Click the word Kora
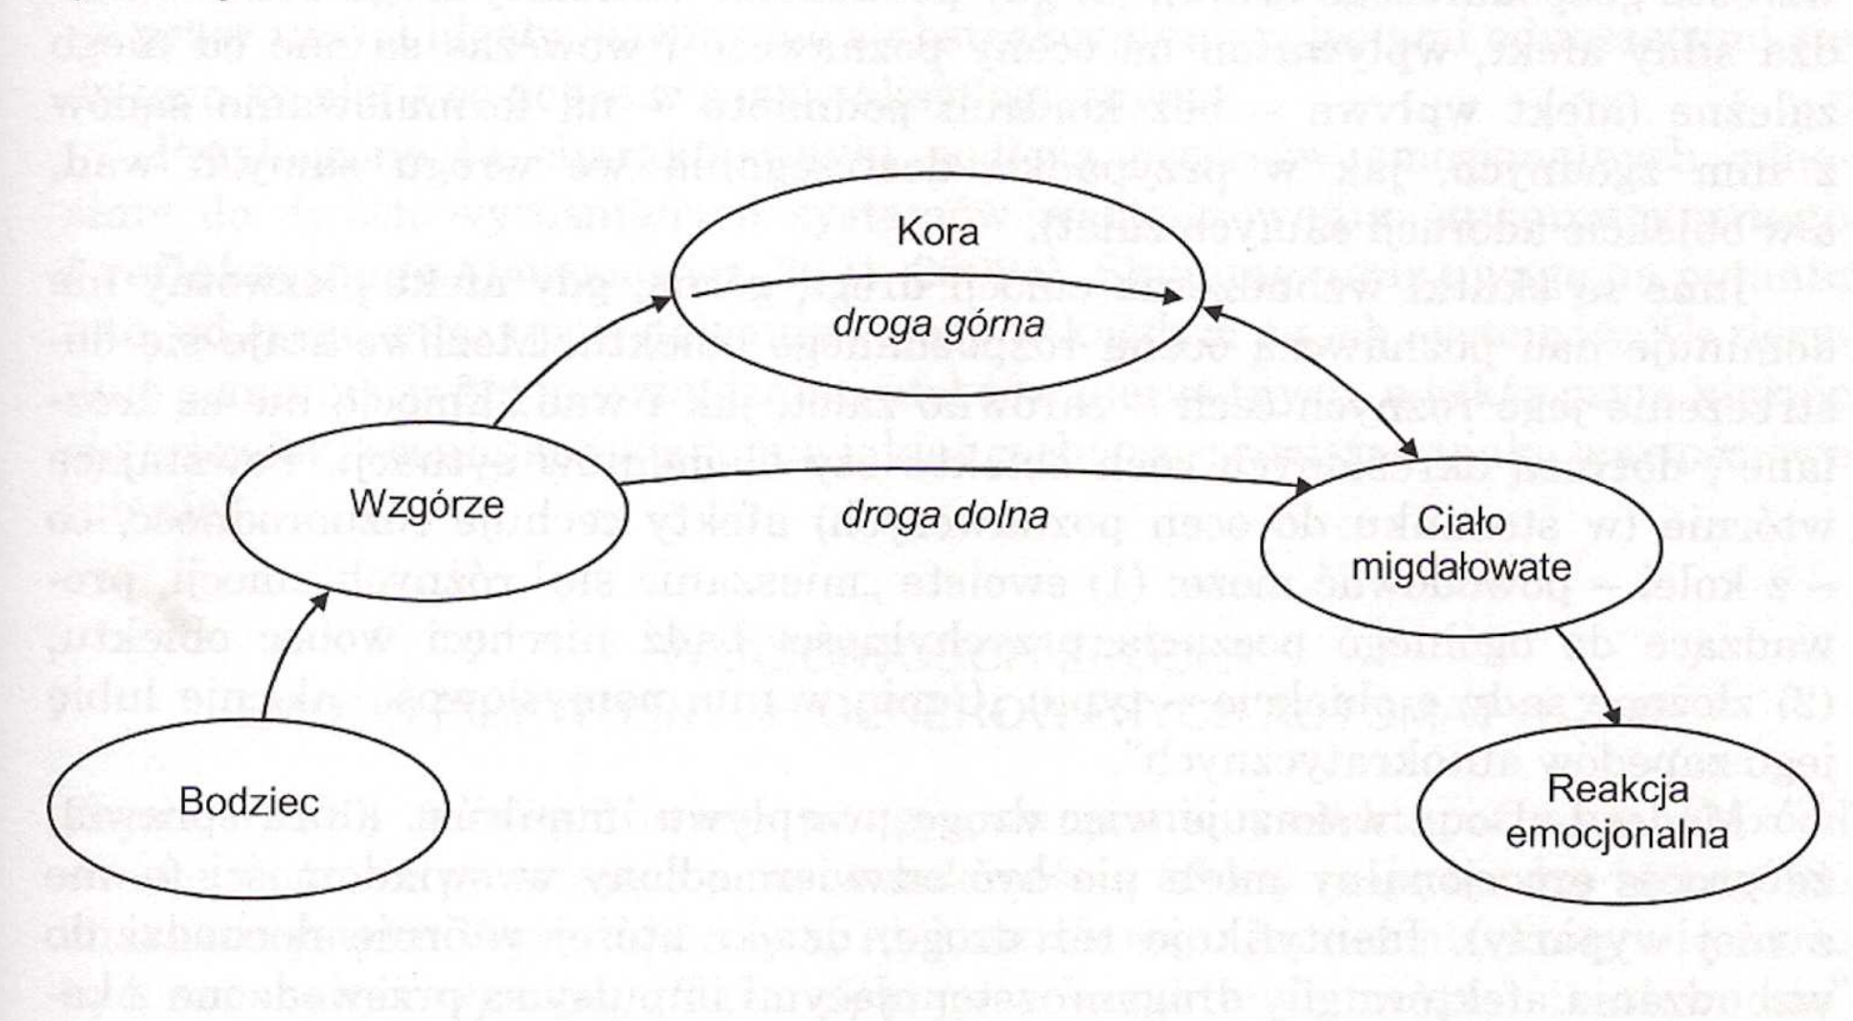(x=937, y=233)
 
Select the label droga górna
(x=937, y=325)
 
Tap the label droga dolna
(x=944, y=515)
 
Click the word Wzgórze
(x=426, y=504)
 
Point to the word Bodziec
(x=248, y=801)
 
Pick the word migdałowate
(x=1460, y=566)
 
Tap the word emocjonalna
(x=1617, y=834)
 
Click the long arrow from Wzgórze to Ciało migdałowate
(x=958, y=470)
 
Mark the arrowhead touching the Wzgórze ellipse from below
(x=319, y=601)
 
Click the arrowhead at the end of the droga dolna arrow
(x=1303, y=487)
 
